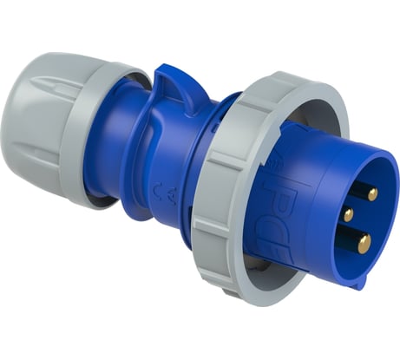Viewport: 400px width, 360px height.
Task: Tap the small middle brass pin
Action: pyautogui.click(x=348, y=213)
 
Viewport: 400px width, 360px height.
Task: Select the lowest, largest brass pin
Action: pyautogui.click(x=362, y=242)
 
